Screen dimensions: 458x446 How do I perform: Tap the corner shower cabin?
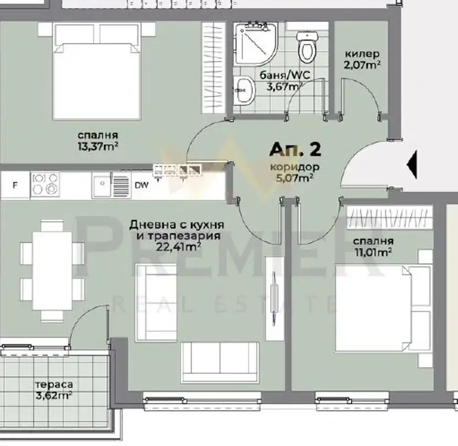(x=255, y=44)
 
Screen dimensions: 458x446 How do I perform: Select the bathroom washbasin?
(x=244, y=90)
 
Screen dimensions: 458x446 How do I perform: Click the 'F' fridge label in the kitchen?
(x=15, y=185)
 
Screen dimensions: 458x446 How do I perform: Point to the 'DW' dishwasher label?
(x=142, y=185)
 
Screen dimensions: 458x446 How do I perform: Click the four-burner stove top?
(x=45, y=184)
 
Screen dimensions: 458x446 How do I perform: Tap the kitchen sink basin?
(x=102, y=185)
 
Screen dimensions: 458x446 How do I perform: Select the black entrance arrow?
(x=412, y=165)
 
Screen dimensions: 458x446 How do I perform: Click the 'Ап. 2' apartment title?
(x=295, y=150)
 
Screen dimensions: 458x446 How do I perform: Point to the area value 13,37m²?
(x=98, y=146)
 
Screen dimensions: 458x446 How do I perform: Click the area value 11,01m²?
(x=373, y=252)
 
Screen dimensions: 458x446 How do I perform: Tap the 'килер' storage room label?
(x=362, y=54)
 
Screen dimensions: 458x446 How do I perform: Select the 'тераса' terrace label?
(x=54, y=385)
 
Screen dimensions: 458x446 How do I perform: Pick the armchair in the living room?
(x=156, y=302)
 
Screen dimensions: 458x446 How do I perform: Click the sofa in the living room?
(x=220, y=363)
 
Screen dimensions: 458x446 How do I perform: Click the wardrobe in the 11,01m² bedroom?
(x=390, y=217)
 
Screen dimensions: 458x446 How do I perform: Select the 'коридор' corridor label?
(x=295, y=167)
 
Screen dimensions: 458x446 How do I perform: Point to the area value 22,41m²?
(x=178, y=247)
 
